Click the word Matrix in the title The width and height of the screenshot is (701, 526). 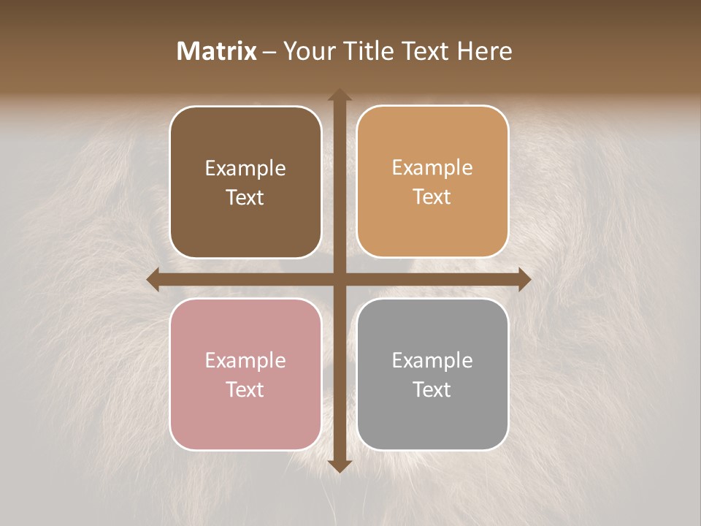217,51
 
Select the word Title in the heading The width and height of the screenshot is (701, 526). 369,51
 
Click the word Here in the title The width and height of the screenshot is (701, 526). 485,51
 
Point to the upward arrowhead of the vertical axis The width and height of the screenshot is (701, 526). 339,96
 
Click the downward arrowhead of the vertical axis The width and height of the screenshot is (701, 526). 339,465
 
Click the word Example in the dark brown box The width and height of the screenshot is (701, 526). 245,168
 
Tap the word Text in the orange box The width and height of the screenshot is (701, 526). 432,197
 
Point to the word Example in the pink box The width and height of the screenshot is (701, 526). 245,360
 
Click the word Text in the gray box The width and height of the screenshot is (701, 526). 432,389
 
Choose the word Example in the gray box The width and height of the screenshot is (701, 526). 432,360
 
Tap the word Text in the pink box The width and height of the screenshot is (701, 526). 245,389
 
